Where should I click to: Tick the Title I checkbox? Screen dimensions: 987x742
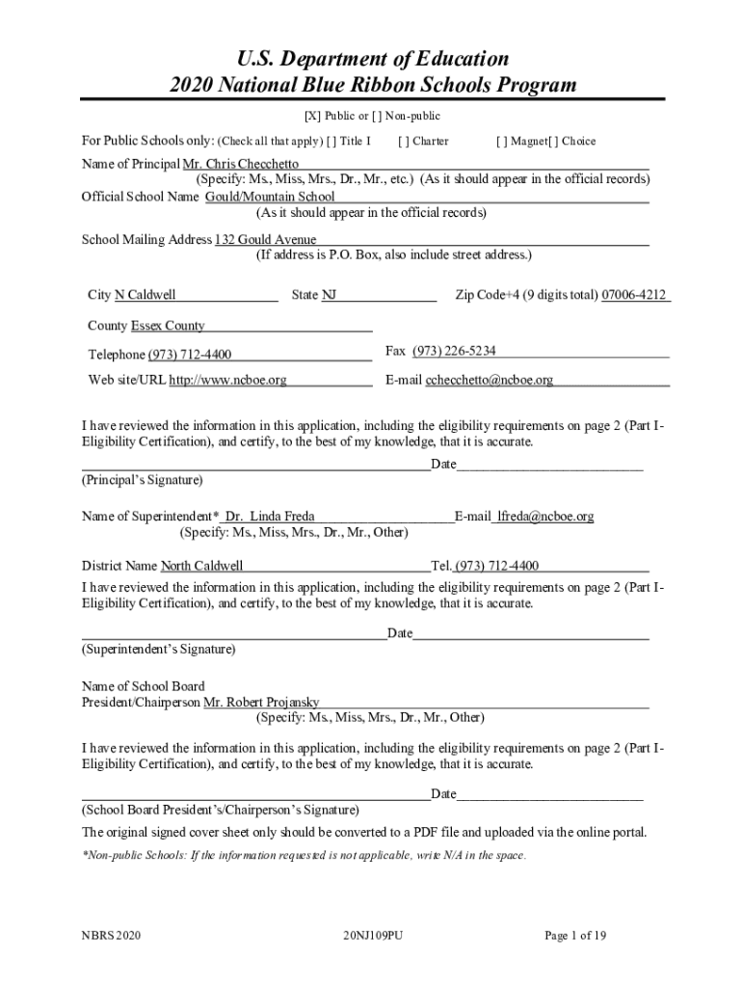(331, 142)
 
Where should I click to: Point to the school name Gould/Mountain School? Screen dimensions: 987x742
(270, 197)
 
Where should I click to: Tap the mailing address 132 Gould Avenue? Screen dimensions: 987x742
(265, 240)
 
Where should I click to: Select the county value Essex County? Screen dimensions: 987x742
(168, 326)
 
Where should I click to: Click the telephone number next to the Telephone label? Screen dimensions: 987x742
(189, 355)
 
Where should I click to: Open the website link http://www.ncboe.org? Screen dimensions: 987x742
(228, 380)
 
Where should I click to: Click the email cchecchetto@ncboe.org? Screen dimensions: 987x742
(490, 380)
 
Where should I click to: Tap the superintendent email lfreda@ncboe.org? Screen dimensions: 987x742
(544, 517)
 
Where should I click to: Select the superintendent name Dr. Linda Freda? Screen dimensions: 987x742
(269, 517)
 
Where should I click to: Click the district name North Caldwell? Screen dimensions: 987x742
(201, 566)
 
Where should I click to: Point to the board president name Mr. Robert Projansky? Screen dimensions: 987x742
(261, 703)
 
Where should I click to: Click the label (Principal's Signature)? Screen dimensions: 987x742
(143, 480)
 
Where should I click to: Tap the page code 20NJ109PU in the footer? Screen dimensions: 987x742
(372, 936)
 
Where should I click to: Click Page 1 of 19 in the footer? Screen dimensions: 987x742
(575, 936)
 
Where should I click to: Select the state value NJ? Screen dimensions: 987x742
(330, 295)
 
